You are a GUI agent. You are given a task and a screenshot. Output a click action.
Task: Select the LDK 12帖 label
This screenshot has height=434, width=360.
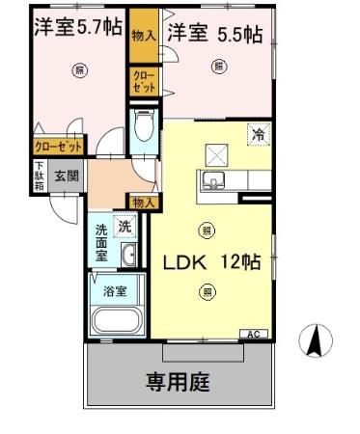(x=209, y=261)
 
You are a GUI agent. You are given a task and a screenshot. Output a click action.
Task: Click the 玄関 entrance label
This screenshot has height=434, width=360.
(x=66, y=176)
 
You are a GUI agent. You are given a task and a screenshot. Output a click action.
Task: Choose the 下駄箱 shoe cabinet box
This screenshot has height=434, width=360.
(x=40, y=177)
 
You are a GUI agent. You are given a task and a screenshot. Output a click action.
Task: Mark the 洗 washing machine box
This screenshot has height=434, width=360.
(x=124, y=226)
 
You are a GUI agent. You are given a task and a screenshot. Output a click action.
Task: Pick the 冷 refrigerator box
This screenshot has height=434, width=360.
(x=259, y=136)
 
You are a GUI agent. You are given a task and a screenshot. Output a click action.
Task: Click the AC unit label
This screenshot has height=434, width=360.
(x=254, y=334)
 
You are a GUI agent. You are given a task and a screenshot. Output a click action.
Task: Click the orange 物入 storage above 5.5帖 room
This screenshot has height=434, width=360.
(x=143, y=33)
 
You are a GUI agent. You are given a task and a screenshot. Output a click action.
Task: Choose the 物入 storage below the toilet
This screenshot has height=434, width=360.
(x=143, y=202)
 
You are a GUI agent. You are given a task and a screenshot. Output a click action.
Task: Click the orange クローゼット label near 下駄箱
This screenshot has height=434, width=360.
(x=58, y=147)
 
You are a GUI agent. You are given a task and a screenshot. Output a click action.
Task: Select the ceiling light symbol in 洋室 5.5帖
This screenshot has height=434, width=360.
(x=218, y=67)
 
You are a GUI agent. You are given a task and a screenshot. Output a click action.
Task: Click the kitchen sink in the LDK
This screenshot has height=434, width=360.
(x=212, y=180)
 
